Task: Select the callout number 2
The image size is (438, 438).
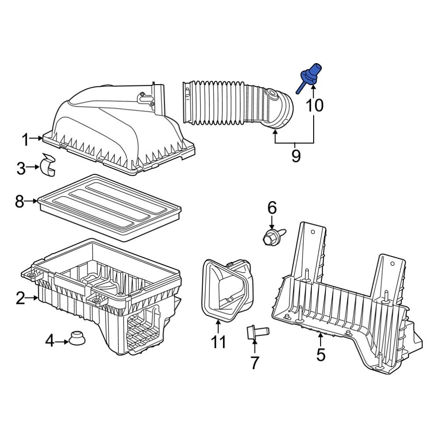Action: (20, 298)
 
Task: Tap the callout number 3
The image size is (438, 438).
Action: (21, 168)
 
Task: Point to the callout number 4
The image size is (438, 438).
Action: (50, 340)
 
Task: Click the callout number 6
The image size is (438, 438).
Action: (272, 208)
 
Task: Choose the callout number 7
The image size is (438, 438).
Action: (254, 363)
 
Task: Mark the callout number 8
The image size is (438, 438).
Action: (19, 201)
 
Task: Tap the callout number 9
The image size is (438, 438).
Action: (296, 155)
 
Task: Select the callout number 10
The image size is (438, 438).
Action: (314, 105)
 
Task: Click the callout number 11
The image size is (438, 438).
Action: (218, 342)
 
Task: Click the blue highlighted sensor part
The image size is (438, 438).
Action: (308, 76)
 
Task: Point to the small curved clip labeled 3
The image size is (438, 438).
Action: (48, 165)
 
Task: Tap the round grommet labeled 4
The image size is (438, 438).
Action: (78, 338)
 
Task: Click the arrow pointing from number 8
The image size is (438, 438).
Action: (32, 201)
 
